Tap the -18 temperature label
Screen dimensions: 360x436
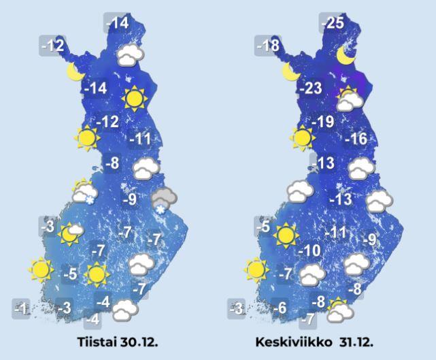(x=267, y=46)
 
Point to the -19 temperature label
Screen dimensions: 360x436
(x=324, y=122)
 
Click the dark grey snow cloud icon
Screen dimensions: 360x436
(x=163, y=199)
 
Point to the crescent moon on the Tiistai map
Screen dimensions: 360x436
(x=75, y=70)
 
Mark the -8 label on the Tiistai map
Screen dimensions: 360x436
(x=112, y=163)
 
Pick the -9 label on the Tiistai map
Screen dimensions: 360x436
(x=130, y=199)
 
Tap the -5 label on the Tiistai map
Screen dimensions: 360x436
(x=70, y=274)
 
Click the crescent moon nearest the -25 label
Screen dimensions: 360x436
(x=347, y=57)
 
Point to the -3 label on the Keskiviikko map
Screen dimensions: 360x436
(x=236, y=308)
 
